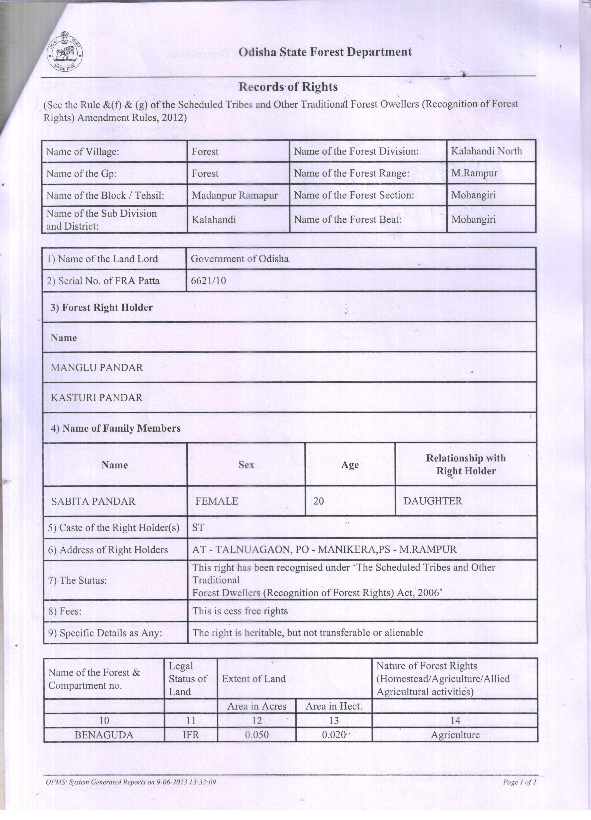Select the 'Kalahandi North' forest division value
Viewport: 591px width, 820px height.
point(486,151)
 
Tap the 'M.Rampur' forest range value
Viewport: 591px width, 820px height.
point(474,173)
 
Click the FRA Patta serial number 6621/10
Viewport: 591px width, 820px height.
point(208,281)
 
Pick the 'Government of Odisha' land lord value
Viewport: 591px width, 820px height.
point(239,259)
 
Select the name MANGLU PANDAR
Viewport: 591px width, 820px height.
point(97,368)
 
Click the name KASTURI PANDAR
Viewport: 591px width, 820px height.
point(97,398)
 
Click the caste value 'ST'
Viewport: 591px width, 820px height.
point(198,527)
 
